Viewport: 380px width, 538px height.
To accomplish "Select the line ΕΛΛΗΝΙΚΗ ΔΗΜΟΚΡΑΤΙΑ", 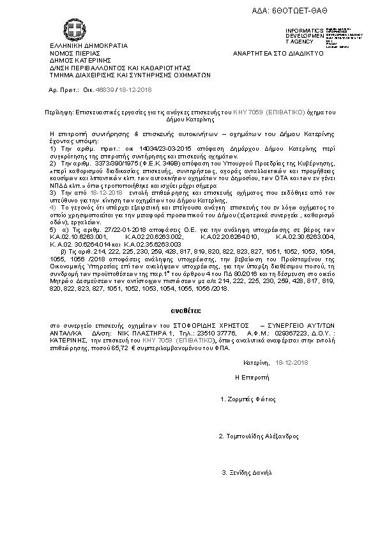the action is [x=89, y=46].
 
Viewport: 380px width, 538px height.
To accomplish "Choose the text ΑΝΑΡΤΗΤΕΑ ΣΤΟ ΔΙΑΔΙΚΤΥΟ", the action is [x=278, y=53].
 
